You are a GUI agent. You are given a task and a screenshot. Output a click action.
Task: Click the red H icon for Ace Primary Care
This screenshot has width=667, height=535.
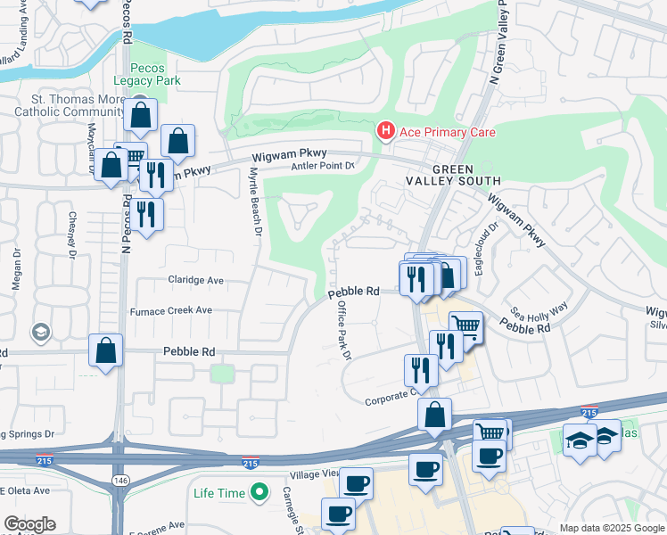[385, 132]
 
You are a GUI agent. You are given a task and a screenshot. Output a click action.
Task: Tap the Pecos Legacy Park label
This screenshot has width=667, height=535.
[154, 74]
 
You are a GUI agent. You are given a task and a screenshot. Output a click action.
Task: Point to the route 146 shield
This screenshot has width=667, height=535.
[118, 481]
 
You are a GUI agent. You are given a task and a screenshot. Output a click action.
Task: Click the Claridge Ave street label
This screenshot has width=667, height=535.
[195, 279]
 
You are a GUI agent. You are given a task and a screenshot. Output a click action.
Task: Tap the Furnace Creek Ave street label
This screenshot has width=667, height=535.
[170, 310]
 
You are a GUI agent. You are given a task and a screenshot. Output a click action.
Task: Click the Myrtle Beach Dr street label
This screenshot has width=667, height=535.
[256, 202]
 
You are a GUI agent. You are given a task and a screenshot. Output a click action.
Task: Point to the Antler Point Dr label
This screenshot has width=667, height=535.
[324, 166]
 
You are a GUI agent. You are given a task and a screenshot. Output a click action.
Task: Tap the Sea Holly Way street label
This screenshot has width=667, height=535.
[539, 309]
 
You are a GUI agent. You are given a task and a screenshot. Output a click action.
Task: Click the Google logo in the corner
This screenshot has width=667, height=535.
[29, 524]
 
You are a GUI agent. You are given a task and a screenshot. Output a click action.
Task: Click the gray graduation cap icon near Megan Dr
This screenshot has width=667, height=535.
[39, 333]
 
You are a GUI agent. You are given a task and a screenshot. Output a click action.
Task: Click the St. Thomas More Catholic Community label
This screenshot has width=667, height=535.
[69, 106]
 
